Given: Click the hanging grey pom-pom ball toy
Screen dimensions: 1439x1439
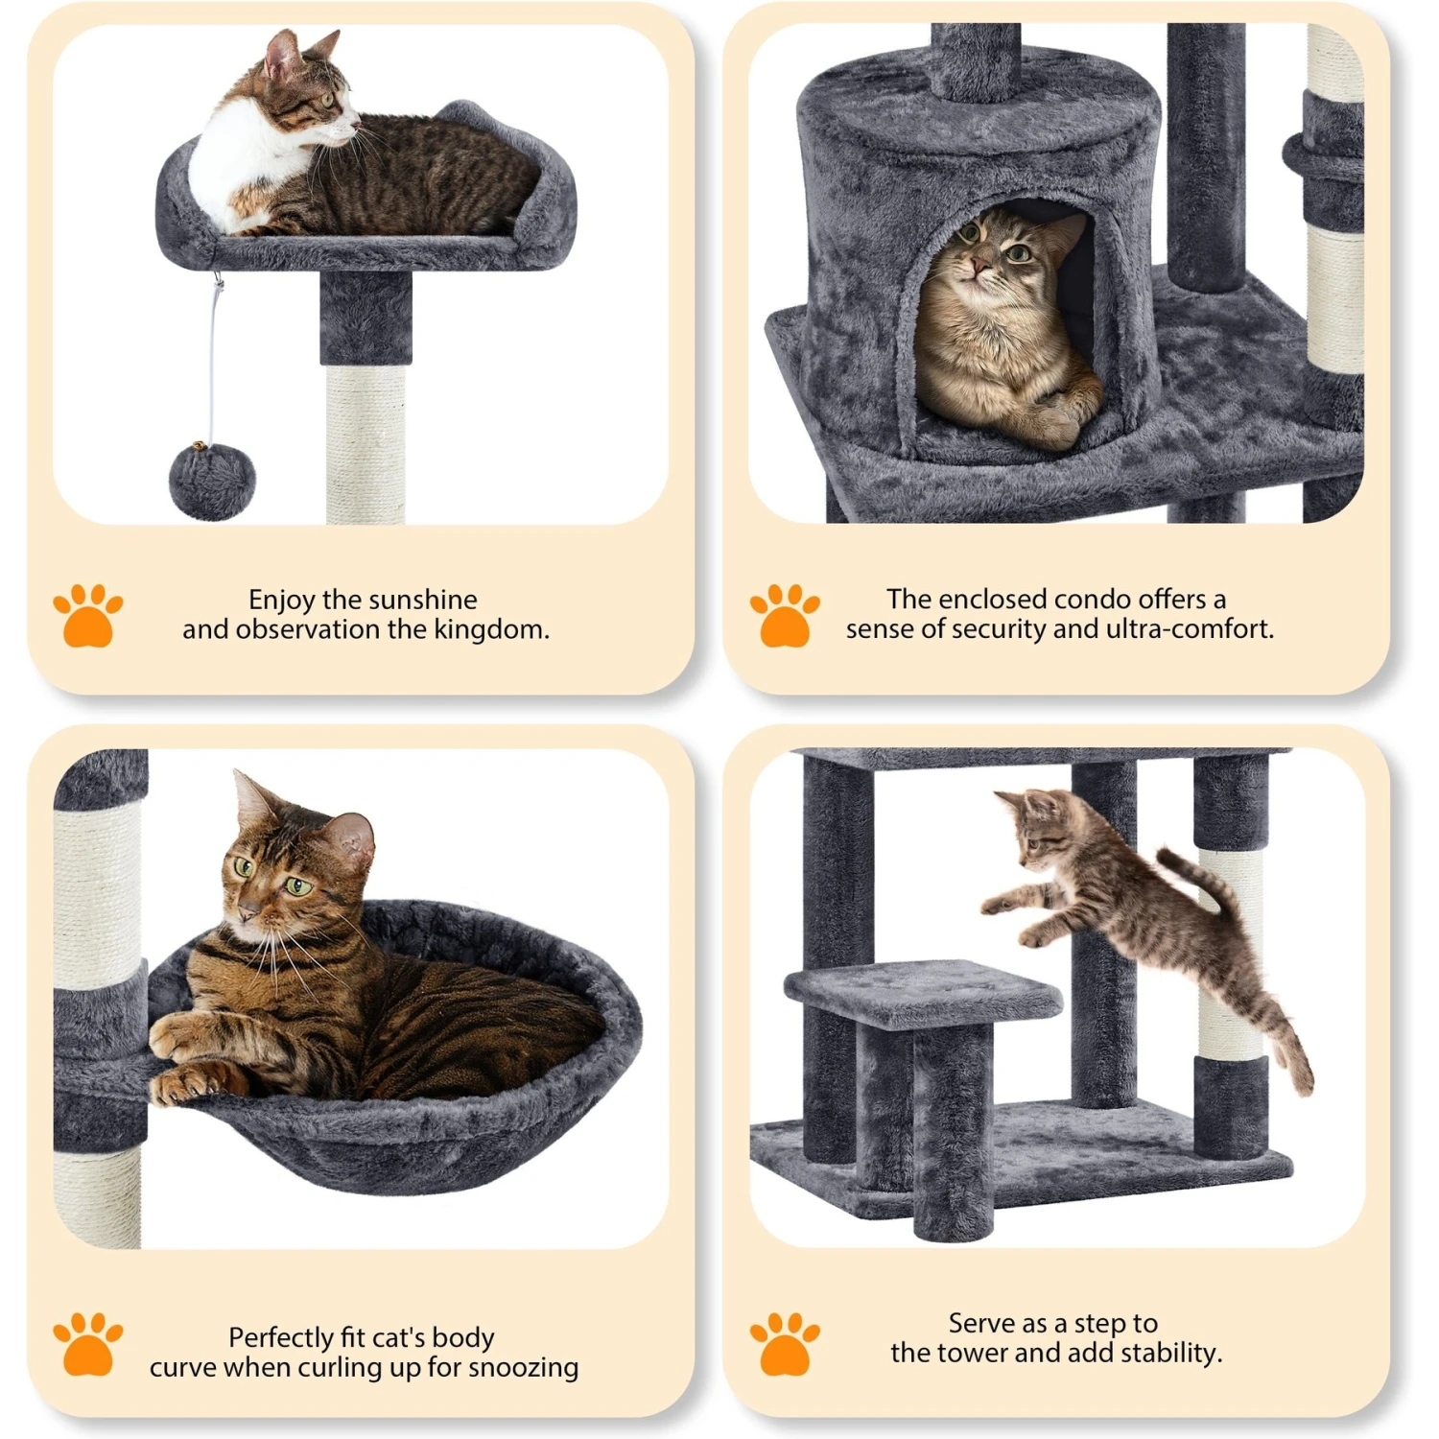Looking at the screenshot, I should click(x=212, y=481).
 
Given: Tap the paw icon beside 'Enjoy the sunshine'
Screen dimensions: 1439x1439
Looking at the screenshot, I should click(x=87, y=615).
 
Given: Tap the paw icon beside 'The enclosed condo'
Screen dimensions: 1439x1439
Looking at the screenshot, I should click(x=784, y=615).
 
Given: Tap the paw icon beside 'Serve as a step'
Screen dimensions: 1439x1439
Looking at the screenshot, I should click(x=784, y=1343).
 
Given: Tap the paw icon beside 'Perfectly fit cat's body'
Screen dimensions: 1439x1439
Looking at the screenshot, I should click(x=87, y=1343).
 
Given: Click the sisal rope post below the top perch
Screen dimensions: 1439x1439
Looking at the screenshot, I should click(x=365, y=441).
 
